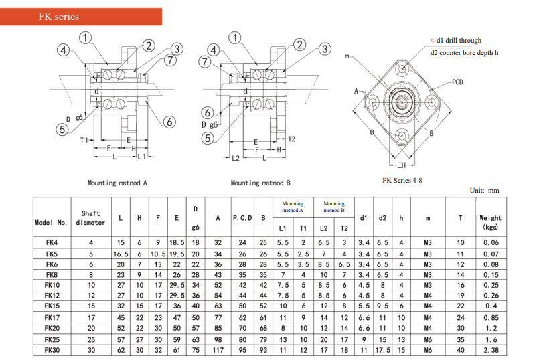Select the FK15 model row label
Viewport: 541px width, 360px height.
click(52, 306)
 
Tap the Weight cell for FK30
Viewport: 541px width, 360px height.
click(491, 349)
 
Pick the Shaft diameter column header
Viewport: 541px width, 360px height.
click(90, 218)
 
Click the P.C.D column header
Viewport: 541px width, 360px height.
click(242, 218)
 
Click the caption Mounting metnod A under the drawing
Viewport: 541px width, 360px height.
click(117, 183)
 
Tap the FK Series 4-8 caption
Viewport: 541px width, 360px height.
click(402, 181)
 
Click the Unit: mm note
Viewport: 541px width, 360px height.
click(485, 191)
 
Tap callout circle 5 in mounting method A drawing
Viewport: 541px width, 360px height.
click(63, 130)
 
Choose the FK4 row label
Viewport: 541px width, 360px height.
click(52, 242)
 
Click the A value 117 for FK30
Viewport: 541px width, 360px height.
click(218, 349)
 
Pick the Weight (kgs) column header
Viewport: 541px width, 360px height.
click(491, 222)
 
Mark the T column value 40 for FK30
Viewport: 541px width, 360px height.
click(460, 349)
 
